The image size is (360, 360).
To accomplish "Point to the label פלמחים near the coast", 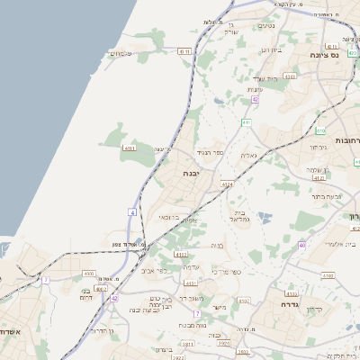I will pos(121,54).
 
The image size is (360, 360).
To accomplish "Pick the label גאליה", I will pos(248,155).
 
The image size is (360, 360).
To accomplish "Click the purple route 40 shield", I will pos(302,245).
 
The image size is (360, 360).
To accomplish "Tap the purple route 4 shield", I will pos(131,211).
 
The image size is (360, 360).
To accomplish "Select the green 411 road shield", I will pos(246,121).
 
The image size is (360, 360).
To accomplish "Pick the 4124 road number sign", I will pos(227,184).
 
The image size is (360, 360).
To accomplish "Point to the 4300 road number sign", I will pos(87,273).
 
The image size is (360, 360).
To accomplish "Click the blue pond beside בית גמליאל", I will pos(263,216).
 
